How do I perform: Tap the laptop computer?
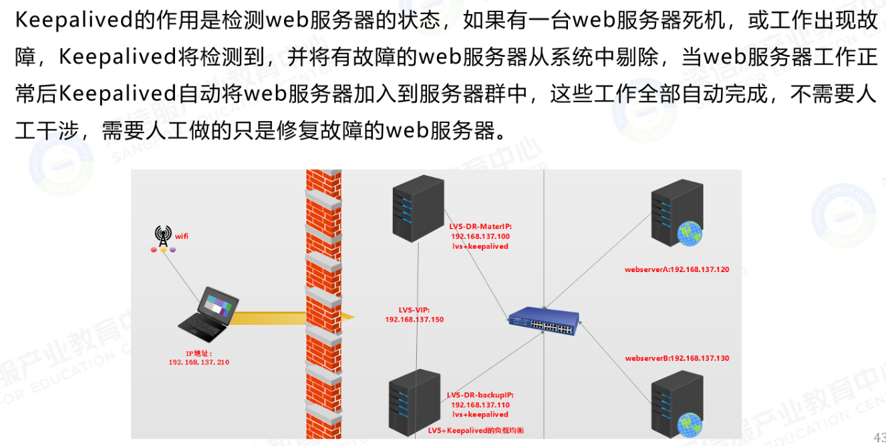(208, 314)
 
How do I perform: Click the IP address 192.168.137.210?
(199, 362)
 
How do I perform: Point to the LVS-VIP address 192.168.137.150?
(414, 320)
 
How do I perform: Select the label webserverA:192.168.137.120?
(677, 270)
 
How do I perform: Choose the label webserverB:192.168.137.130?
(677, 358)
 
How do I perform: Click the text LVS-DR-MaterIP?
(480, 227)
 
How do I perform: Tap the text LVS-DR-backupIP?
(480, 395)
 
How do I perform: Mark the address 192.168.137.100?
(480, 237)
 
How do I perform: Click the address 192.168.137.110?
(480, 405)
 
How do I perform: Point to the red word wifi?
(182, 236)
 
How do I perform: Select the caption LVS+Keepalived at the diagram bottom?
(476, 431)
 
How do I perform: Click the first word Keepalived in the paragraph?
(74, 21)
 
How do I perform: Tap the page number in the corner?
(879, 435)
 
